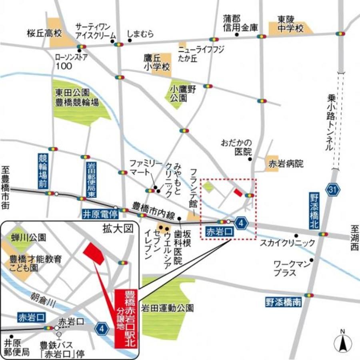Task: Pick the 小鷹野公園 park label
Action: click(182, 93)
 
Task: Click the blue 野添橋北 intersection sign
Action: click(314, 211)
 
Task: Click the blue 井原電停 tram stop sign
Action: click(98, 213)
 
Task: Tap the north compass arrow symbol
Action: click(343, 342)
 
